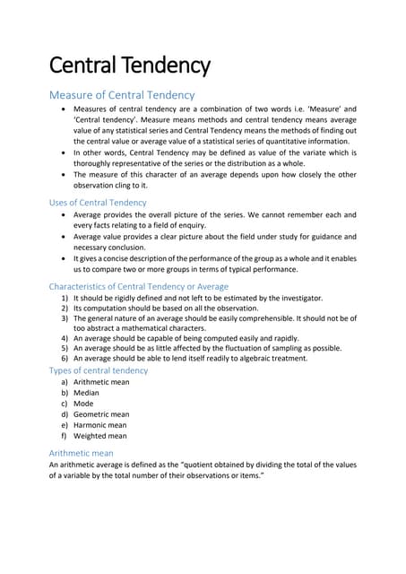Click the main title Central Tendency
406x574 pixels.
click(129, 65)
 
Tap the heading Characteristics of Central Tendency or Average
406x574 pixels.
click(138, 286)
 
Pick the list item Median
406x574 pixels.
click(86, 393)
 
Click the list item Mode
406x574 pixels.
click(84, 404)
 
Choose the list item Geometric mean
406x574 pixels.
click(101, 414)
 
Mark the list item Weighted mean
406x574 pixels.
click(99, 436)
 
